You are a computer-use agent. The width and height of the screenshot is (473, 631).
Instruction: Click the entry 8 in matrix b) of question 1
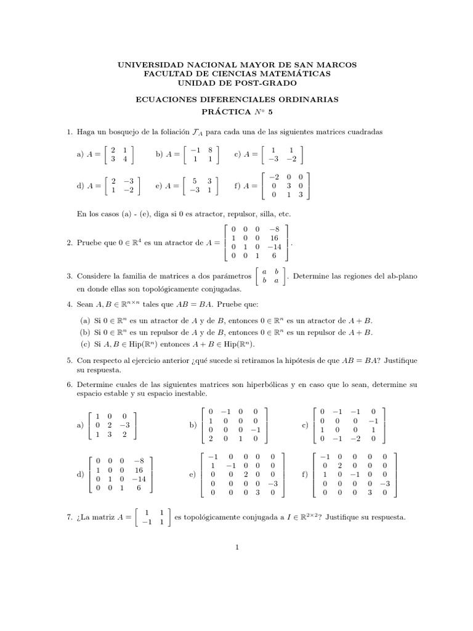tap(210, 149)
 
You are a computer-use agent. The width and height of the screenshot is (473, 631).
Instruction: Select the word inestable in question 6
tap(189, 393)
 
